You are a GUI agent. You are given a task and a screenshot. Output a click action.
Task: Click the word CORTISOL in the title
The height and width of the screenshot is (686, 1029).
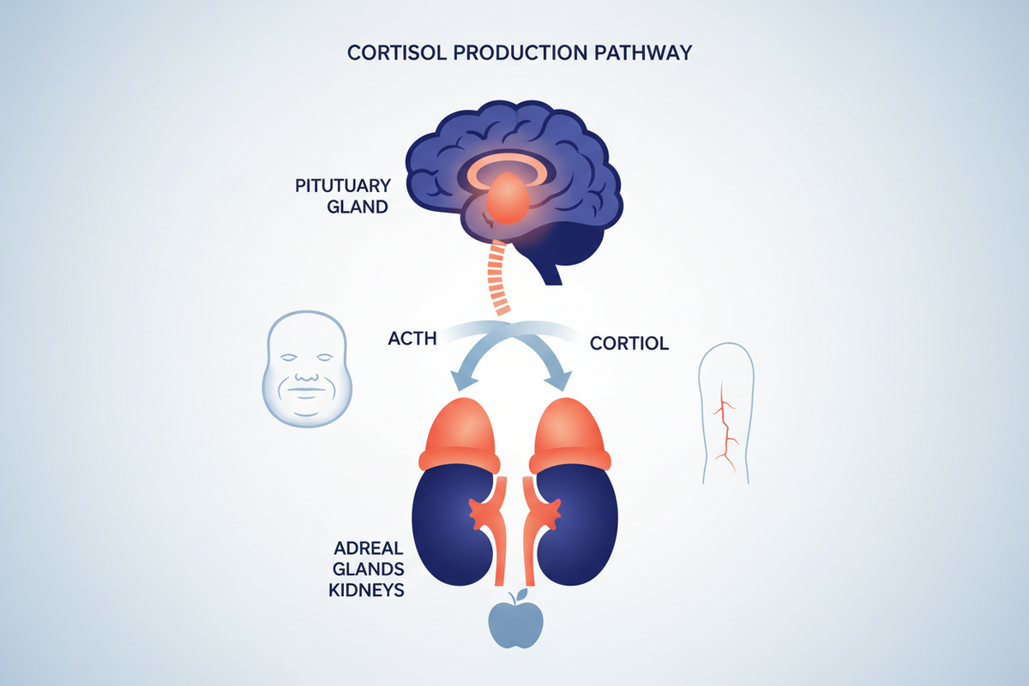tap(396, 53)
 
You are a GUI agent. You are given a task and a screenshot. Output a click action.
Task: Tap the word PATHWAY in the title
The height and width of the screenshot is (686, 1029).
tap(643, 53)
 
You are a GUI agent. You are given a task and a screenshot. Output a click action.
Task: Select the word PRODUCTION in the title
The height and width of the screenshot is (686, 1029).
tap(520, 53)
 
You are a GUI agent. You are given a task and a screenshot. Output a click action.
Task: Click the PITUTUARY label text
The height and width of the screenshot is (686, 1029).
tap(343, 185)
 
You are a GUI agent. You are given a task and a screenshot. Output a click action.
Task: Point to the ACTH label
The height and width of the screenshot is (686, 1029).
tap(412, 339)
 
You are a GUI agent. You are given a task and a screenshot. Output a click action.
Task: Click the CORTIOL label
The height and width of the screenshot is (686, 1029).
tap(629, 343)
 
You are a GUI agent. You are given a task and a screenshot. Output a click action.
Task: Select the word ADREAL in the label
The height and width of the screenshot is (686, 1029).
tap(369, 548)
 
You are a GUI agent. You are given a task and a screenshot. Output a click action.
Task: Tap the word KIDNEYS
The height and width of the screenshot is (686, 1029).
tap(366, 590)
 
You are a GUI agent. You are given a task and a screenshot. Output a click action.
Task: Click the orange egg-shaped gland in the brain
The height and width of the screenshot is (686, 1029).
tap(507, 198)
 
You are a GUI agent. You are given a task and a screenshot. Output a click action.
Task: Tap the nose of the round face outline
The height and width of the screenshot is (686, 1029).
tap(306, 377)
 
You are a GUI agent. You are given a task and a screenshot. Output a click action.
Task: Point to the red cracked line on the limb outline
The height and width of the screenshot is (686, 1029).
tap(725, 426)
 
